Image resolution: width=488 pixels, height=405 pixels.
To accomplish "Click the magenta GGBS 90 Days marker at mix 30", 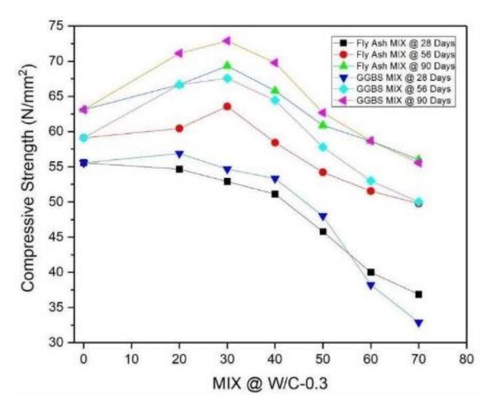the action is click(x=227, y=41).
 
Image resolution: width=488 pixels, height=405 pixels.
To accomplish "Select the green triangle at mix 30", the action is click(x=228, y=65).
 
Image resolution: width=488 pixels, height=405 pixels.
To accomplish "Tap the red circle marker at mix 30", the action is click(x=228, y=107).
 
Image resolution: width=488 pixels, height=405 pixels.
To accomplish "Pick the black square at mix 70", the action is click(x=418, y=294).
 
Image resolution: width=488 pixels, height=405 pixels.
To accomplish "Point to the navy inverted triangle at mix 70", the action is click(x=418, y=323).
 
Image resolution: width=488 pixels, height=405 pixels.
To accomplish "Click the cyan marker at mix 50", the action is click(x=323, y=147).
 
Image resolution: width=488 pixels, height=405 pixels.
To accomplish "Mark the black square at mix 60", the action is click(x=371, y=272).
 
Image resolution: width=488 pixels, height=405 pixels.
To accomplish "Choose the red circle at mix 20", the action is click(x=180, y=128).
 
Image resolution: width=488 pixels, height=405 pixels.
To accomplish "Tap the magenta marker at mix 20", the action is click(x=179, y=53).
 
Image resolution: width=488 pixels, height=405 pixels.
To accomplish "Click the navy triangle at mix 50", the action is click(x=323, y=217).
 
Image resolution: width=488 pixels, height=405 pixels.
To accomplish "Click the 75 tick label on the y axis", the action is click(x=56, y=26).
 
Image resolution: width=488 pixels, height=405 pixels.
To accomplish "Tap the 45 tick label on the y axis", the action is click(x=56, y=237).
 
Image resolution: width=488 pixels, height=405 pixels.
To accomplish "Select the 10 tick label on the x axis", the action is click(x=131, y=359).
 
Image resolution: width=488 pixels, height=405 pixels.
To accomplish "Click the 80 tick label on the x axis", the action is click(x=466, y=359).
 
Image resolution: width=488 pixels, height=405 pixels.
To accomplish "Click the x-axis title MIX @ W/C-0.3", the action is click(x=270, y=383).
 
